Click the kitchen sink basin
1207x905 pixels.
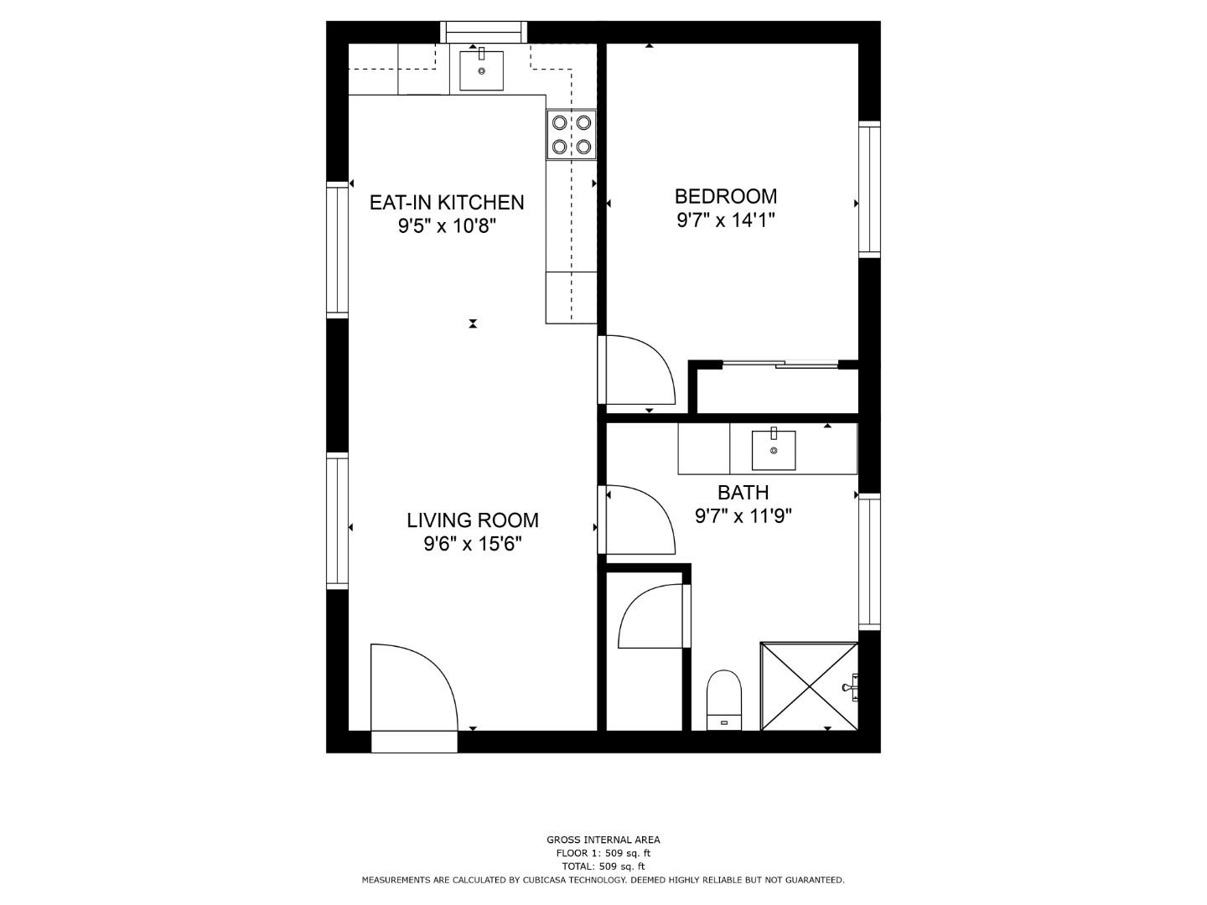481,70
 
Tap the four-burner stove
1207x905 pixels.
572,135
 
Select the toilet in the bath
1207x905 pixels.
723,700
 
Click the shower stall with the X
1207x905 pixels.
809,686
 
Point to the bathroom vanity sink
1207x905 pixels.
773,450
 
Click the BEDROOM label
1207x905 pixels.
725,196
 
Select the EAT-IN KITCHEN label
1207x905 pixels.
447,203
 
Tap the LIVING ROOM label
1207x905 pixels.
473,520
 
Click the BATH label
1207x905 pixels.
743,493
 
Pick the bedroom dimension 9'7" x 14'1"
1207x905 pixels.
725,220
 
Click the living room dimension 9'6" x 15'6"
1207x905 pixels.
473,544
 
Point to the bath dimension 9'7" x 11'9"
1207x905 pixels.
743,516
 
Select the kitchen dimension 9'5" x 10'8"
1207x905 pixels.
447,226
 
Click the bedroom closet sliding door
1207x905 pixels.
780,364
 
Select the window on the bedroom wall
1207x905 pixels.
869,189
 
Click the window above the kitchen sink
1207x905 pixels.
484,32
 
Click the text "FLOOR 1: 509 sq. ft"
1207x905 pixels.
603,853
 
